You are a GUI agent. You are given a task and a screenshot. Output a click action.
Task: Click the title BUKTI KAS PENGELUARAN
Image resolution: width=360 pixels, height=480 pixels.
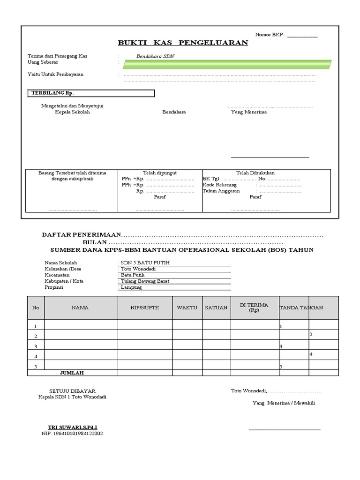(183, 43)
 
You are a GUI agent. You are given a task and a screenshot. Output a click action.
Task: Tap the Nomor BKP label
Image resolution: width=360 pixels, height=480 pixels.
(270, 35)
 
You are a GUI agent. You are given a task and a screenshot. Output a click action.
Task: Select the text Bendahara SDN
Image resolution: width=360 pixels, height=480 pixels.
(152, 56)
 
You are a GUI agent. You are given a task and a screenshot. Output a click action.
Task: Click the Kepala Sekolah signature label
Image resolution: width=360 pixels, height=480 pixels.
(72, 112)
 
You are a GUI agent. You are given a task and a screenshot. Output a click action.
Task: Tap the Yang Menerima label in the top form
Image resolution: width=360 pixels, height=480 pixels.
(248, 112)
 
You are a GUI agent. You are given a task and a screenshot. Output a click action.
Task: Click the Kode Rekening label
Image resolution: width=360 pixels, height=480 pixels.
(219, 185)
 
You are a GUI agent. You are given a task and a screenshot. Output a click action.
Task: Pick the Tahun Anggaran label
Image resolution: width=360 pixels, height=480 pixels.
(221, 191)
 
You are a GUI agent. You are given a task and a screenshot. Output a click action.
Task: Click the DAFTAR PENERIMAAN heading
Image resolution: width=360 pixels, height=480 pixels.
(82, 234)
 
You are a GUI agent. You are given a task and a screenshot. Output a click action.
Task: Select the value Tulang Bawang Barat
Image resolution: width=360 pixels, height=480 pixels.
(145, 281)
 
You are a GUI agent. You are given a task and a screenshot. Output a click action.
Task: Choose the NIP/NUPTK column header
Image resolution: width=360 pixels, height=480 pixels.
(145, 307)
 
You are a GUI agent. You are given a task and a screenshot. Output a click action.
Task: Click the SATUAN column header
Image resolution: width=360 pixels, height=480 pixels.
(216, 307)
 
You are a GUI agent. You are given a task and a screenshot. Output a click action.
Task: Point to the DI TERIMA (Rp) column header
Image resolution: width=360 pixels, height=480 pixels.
(254, 307)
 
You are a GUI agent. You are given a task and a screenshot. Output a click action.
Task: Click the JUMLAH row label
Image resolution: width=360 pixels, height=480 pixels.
(72, 373)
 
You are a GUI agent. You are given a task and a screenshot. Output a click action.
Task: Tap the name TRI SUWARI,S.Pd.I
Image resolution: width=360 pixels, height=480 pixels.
(73, 427)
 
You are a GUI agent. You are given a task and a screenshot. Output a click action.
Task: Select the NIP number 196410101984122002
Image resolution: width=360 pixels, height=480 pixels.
(72, 434)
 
